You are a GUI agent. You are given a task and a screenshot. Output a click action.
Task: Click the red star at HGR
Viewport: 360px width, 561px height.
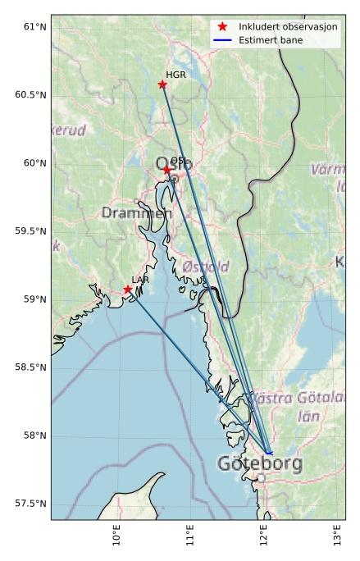(162, 84)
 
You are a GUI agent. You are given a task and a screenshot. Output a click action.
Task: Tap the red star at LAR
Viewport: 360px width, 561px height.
(128, 290)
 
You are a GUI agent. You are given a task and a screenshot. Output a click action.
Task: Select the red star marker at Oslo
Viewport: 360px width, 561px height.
(166, 170)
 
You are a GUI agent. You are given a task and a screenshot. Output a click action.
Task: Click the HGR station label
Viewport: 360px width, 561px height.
(176, 75)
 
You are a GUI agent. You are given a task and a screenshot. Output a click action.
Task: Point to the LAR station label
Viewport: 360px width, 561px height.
(140, 280)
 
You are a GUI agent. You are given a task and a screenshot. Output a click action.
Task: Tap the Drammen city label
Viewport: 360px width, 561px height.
(137, 213)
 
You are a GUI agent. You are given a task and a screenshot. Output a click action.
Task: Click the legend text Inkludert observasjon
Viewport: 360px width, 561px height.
(288, 27)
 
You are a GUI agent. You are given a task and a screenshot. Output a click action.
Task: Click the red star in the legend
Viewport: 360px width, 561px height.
(222, 27)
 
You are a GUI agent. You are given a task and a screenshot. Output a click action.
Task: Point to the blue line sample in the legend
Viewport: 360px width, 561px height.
(222, 39)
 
